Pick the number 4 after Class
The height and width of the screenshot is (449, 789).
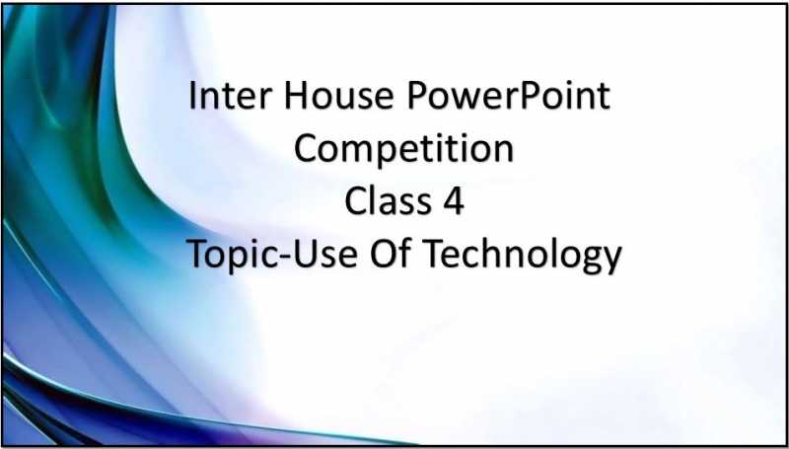click(455, 201)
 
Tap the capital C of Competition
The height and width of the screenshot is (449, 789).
click(307, 149)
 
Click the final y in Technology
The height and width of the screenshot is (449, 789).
click(611, 261)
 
